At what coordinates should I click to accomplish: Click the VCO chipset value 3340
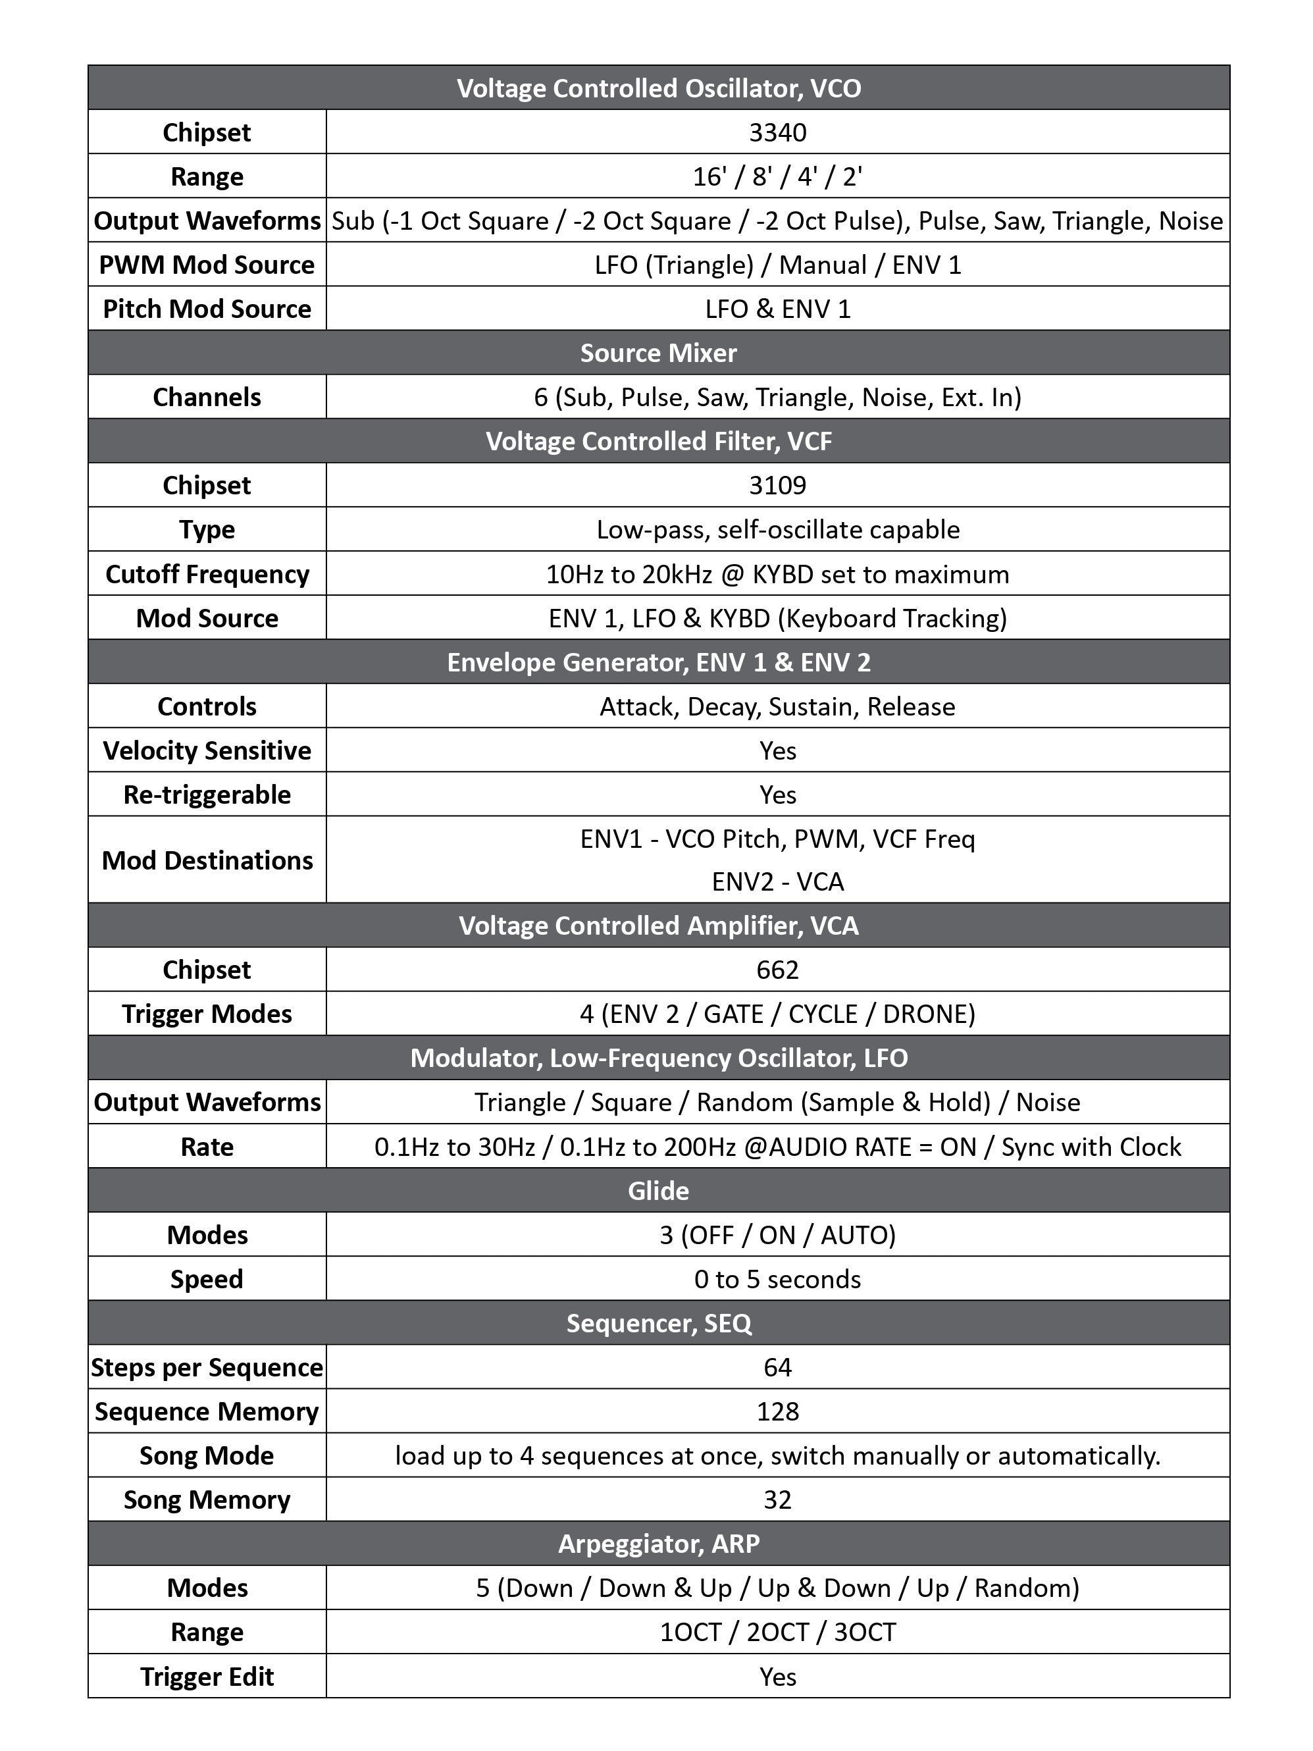click(777, 132)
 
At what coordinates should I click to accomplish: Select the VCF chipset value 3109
click(777, 485)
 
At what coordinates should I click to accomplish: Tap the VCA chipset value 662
click(777, 970)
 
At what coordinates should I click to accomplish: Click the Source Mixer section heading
click(659, 353)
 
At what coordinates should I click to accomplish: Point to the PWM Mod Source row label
click(207, 265)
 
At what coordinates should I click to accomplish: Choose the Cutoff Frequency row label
click(207, 574)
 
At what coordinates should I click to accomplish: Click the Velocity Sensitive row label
click(207, 750)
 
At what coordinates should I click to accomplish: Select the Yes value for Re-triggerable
click(777, 795)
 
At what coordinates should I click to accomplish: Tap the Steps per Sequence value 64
click(777, 1367)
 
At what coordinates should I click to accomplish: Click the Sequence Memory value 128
click(777, 1411)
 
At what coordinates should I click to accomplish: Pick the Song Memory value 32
click(777, 1500)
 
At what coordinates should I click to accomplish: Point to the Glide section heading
click(659, 1191)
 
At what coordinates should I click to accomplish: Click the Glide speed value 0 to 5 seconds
click(777, 1279)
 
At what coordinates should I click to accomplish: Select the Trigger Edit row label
click(207, 1677)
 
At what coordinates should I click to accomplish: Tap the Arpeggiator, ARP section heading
click(659, 1544)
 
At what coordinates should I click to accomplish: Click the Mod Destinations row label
click(207, 860)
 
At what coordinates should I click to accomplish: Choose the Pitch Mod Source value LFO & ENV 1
click(777, 309)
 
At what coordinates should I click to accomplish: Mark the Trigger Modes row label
click(207, 1014)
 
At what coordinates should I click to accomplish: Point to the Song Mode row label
click(207, 1455)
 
